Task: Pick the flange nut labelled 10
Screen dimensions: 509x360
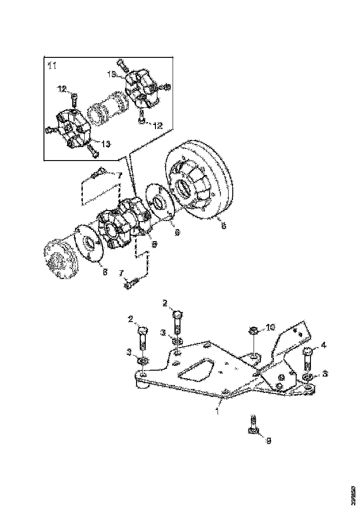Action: (x=253, y=330)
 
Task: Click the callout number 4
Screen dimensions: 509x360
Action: (x=323, y=344)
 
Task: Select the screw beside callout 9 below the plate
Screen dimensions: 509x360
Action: (x=253, y=425)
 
